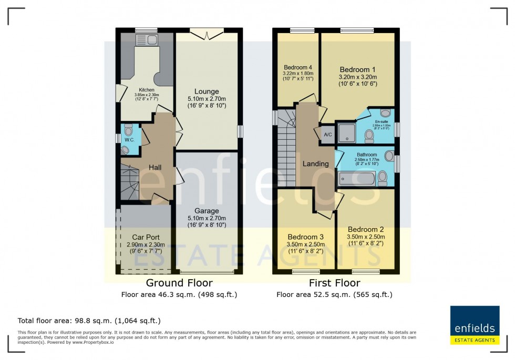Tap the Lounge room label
coord(207,91)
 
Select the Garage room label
coord(207,211)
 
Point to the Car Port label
coord(146,237)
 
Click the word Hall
coord(154,167)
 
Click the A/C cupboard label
coord(328,135)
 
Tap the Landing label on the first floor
coord(315,163)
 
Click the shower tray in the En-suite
coord(347,133)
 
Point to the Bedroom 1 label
coord(357,69)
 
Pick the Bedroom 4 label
coord(298,67)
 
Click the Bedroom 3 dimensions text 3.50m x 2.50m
coord(306,244)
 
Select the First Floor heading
coord(334,283)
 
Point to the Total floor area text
coord(89,320)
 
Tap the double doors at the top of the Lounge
coord(206,35)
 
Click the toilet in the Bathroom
coord(383,180)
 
